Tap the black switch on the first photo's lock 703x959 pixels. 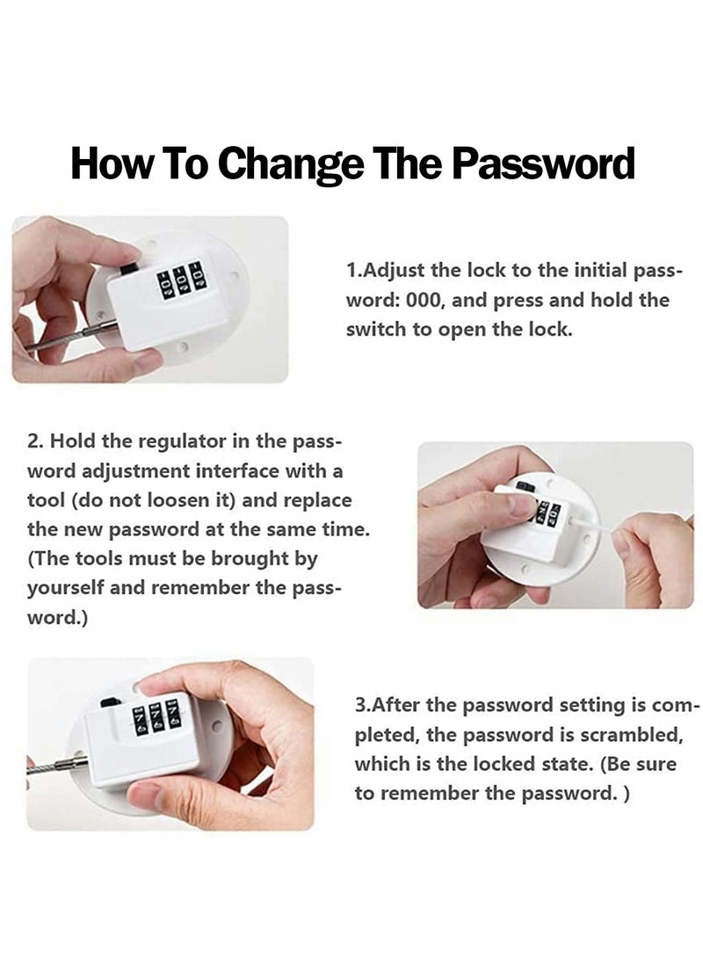point(130,262)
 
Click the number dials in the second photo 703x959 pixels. point(542,512)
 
